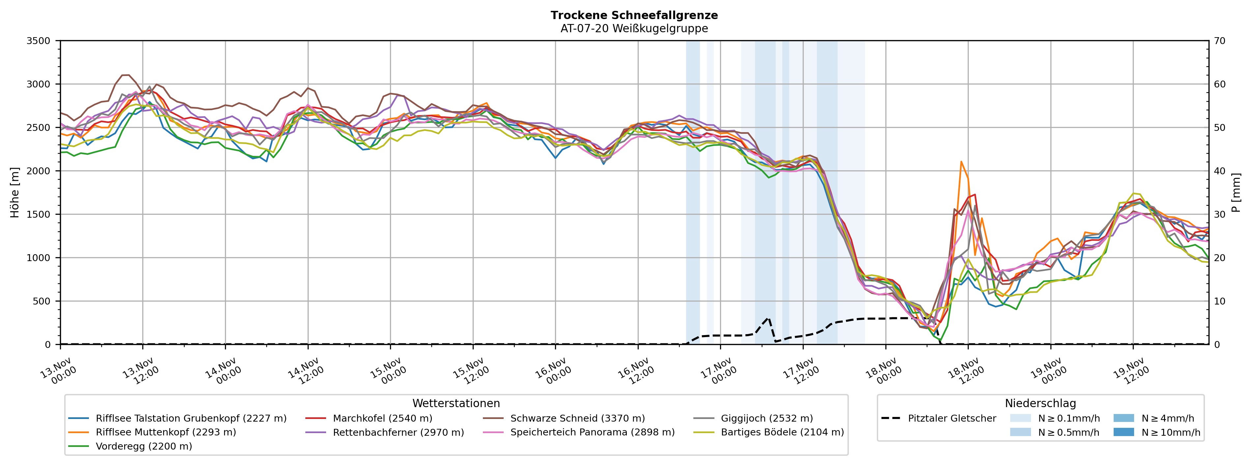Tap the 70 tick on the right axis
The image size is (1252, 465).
[x=1220, y=41]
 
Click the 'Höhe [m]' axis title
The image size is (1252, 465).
[x=14, y=193]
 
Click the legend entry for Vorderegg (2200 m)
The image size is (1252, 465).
[x=144, y=446]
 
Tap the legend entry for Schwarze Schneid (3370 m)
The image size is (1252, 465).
[x=577, y=418]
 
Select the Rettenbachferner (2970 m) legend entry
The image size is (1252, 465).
[x=398, y=432]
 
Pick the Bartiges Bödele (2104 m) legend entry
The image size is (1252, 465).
[x=782, y=432]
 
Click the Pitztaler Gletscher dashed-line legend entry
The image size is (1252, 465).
[x=952, y=418]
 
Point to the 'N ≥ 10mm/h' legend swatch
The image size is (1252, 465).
[x=1123, y=432]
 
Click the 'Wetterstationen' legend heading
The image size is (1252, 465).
[x=456, y=404]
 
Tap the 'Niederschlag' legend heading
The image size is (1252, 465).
[x=1040, y=404]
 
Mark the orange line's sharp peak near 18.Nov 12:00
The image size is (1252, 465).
[x=961, y=162]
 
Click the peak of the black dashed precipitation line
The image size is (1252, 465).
[x=768, y=318]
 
